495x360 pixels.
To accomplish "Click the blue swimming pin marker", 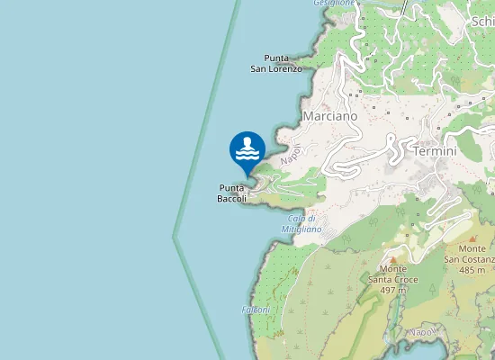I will point(247,149).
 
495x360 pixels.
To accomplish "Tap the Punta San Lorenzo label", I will point(276,63).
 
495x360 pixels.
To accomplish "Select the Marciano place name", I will point(330,116).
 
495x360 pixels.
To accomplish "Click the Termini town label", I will point(435,152).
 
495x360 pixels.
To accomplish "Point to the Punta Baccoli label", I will point(232,193).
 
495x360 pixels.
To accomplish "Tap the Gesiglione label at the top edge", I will point(333,4).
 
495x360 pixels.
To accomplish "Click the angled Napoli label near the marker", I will point(290,154).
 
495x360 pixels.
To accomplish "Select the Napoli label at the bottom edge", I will point(420,332).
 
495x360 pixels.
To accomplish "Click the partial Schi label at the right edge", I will point(482,22).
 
